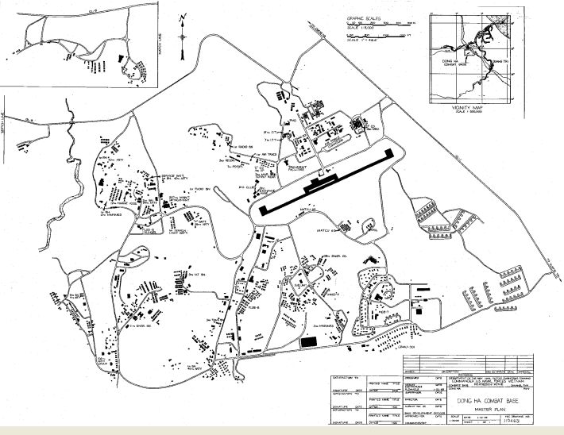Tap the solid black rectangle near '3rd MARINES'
pos(309,341)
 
